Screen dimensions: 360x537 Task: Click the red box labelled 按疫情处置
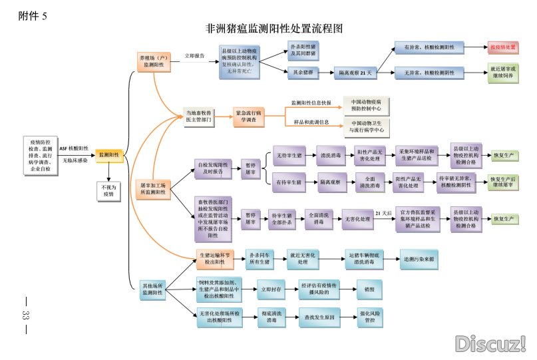(x=502, y=47)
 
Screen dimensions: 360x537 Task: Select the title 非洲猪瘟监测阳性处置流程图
(x=274, y=29)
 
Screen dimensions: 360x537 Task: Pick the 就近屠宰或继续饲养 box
(x=502, y=72)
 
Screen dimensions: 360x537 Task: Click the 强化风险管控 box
(x=369, y=317)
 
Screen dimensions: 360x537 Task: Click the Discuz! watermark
(x=490, y=343)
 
